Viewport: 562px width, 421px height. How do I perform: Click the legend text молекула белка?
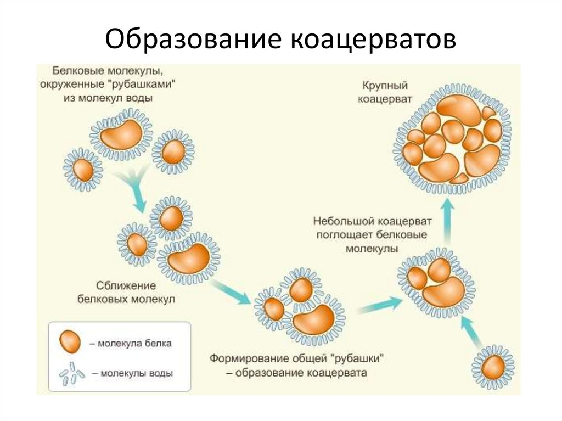[134, 344]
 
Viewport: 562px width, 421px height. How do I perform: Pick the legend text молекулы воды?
[135, 373]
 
